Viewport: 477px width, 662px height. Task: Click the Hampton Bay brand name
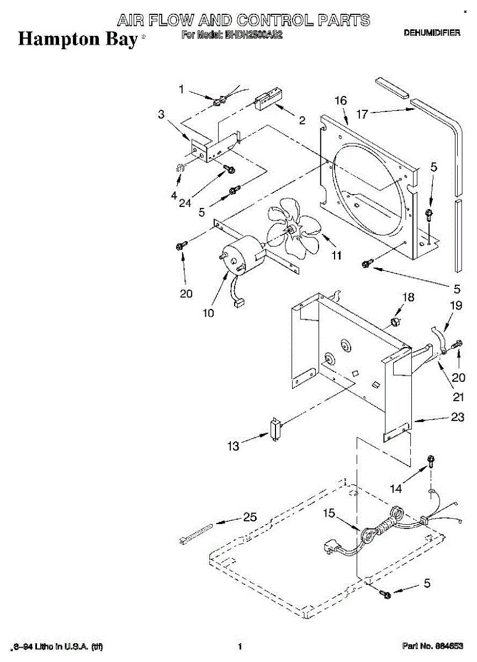click(77, 39)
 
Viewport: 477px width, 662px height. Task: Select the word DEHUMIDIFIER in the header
click(432, 34)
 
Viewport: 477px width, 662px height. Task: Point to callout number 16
click(341, 100)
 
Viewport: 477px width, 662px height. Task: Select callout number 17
click(362, 115)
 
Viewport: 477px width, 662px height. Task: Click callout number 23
click(458, 418)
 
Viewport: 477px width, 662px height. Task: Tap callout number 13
click(234, 446)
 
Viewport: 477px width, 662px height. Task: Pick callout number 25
click(250, 517)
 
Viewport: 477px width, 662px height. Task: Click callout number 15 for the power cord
click(328, 514)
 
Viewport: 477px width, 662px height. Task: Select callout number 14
click(396, 488)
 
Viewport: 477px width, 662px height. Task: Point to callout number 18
click(407, 297)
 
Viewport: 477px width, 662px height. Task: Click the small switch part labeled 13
click(274, 429)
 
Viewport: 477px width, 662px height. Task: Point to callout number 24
click(185, 202)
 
